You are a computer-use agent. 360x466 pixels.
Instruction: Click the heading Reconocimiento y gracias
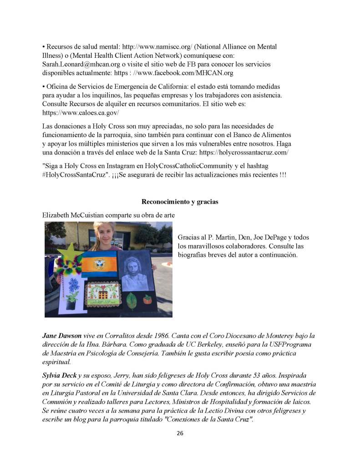coord(180,202)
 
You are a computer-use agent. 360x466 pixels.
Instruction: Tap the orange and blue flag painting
coord(99,263)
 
